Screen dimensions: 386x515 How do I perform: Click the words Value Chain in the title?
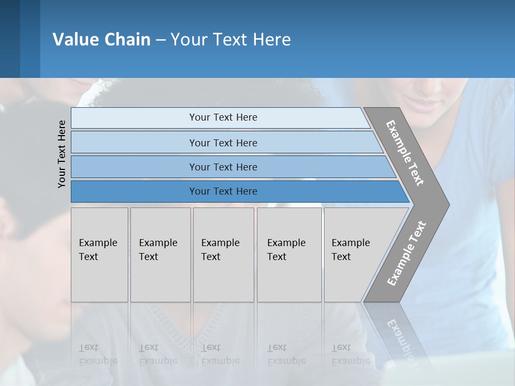101,40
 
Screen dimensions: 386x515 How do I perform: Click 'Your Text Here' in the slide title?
231,40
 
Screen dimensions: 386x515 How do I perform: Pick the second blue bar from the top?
223,143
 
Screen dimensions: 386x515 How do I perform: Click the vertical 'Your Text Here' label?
62,154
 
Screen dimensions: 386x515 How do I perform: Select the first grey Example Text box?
99,255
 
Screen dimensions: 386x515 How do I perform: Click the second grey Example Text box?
160,255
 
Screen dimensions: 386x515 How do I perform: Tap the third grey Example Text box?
223,255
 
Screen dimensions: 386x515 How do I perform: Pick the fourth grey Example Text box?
289,255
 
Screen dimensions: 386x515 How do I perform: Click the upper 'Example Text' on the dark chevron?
405,153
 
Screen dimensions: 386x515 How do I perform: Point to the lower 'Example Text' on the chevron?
407,253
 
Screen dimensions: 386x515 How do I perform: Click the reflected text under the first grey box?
98,354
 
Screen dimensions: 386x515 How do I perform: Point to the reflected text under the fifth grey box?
350,354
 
